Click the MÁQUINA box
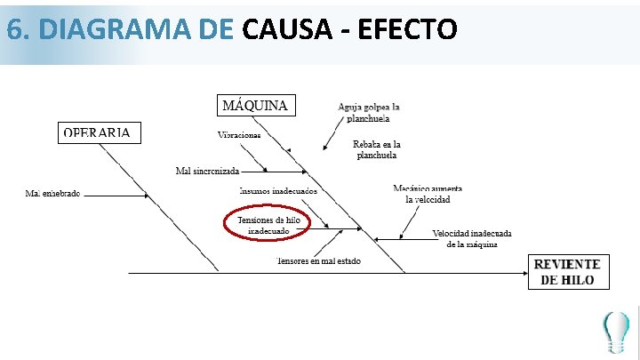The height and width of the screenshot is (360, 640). tap(254, 105)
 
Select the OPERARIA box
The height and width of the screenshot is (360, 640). tap(98, 132)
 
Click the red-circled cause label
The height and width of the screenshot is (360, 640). tap(268, 225)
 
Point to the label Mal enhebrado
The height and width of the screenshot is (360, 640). tap(52, 193)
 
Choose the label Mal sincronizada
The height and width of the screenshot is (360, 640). tap(207, 171)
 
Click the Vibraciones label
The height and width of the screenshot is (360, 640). tap(239, 135)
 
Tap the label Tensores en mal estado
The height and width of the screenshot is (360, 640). tap(318, 261)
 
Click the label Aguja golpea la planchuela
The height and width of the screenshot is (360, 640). tap(368, 112)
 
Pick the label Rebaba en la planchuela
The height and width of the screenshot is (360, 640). tap(376, 149)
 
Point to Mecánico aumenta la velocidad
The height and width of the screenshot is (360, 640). tap(428, 194)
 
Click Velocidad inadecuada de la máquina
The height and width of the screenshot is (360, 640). tap(471, 238)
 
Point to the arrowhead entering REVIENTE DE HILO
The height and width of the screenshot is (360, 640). tap(525, 273)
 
